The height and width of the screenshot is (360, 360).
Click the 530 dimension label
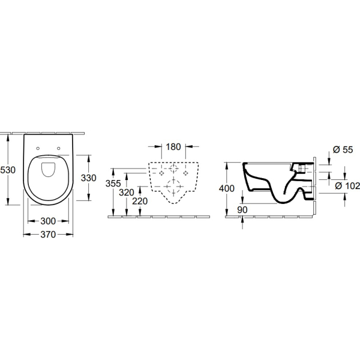(x=8, y=170)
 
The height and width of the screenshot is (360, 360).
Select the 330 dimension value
(x=88, y=178)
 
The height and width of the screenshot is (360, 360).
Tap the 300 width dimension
(x=48, y=221)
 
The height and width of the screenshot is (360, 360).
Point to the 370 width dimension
(x=48, y=235)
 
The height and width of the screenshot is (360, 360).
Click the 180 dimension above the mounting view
(x=173, y=147)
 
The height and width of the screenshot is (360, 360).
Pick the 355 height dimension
(x=113, y=184)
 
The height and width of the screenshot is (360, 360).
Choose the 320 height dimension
(x=127, y=193)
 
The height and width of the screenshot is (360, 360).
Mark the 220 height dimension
(x=140, y=201)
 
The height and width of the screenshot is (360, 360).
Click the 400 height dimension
(x=227, y=188)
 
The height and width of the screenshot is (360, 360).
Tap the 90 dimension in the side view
(x=242, y=209)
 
